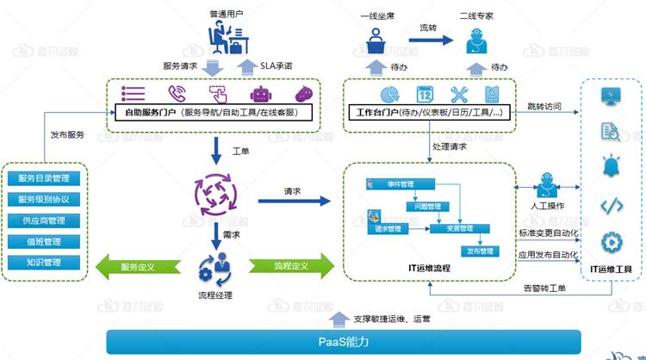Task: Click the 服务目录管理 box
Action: click(x=49, y=179)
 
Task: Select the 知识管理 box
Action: click(x=49, y=262)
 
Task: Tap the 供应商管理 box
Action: click(x=49, y=220)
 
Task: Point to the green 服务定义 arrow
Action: click(x=137, y=265)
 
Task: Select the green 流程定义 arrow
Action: click(x=290, y=265)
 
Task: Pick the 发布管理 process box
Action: click(x=480, y=251)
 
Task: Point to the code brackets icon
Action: click(x=612, y=205)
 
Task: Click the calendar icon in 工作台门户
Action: click(x=424, y=94)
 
